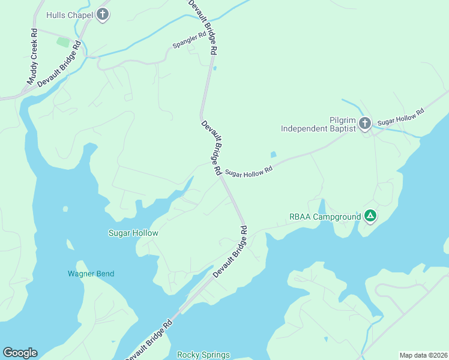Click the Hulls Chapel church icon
103,14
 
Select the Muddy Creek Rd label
32,57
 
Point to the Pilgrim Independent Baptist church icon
365,124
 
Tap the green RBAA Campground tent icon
370,216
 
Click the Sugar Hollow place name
133,233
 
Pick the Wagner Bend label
91,274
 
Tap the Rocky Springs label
203,355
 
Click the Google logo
20,353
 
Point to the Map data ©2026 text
423,355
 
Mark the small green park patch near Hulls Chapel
63,42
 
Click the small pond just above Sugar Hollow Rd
274,154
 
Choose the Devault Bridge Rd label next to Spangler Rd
202,28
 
